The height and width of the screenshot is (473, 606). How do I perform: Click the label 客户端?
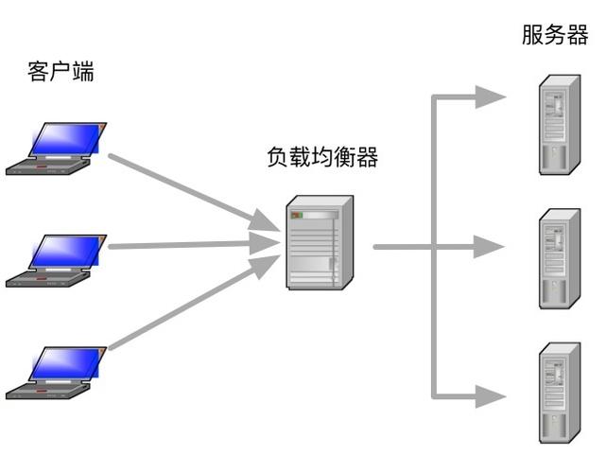61,73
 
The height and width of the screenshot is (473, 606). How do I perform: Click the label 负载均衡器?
322,157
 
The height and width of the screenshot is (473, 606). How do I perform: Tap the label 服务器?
555,36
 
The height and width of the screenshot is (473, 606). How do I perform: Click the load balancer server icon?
320,243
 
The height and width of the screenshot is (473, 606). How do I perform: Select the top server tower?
559,125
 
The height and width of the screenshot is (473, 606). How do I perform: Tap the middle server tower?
559,258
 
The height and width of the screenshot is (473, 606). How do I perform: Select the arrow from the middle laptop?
189,245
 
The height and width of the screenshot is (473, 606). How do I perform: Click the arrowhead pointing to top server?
490,96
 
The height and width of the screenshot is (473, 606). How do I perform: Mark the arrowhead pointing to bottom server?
490,394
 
